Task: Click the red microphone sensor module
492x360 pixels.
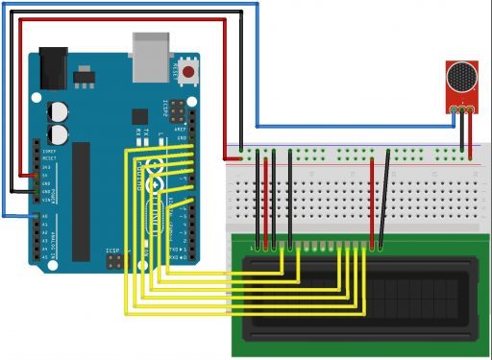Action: point(461,85)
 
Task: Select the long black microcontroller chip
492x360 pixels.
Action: point(81,196)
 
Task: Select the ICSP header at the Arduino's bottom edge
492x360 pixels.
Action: point(114,258)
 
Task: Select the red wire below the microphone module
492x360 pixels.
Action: point(471,134)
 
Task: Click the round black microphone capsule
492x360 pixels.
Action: point(461,76)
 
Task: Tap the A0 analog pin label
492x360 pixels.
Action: point(43,216)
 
